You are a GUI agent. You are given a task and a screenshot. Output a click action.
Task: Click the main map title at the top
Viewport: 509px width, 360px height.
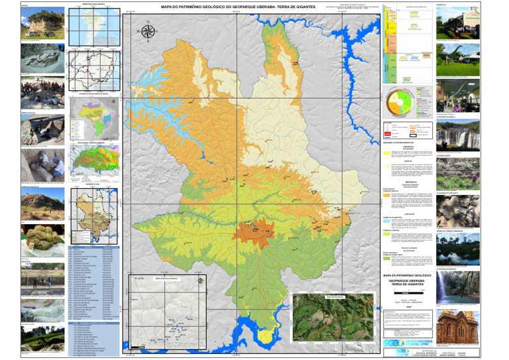[254, 7]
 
